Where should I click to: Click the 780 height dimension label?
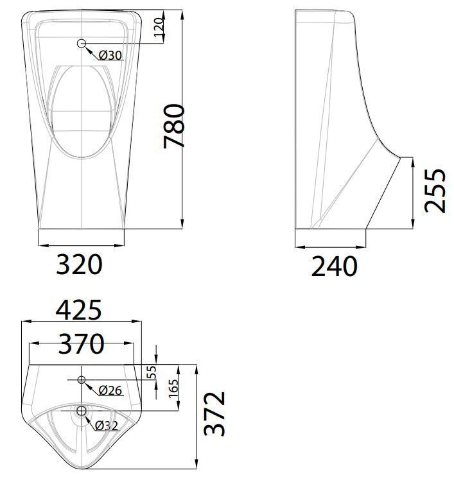click(174, 126)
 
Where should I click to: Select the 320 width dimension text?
click(80, 264)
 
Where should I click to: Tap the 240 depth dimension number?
click(334, 266)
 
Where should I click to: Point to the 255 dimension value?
click(435, 191)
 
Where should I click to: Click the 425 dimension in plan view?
click(79, 310)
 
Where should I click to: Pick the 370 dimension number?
click(81, 345)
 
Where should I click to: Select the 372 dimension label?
click(216, 413)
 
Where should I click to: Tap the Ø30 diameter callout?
click(110, 55)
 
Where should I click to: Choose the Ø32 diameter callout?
click(107, 425)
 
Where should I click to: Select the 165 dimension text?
click(172, 387)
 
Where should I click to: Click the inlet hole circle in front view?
click(82, 44)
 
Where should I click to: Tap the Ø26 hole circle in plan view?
click(82, 380)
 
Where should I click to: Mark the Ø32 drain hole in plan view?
click(82, 410)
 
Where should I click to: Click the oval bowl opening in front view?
click(82, 112)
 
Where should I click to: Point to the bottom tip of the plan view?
click(82, 465)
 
